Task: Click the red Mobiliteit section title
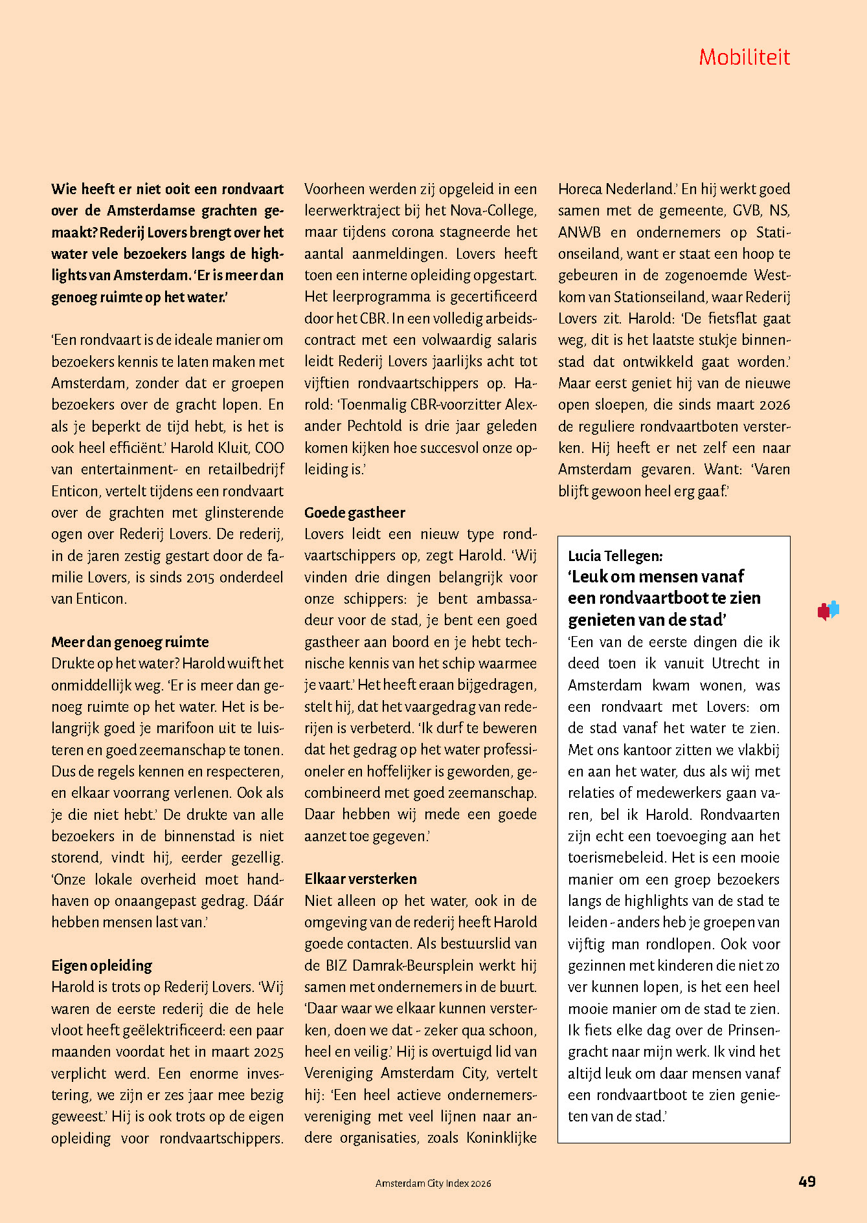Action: (744, 58)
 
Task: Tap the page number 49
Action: (807, 1182)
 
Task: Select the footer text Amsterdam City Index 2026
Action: (433, 1183)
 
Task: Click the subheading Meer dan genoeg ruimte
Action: (130, 642)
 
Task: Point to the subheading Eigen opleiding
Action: (102, 965)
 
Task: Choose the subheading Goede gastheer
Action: (355, 512)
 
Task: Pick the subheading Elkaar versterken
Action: (361, 879)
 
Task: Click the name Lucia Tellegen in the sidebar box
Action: (614, 555)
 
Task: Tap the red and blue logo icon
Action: (828, 610)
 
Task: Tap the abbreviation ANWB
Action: (580, 232)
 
